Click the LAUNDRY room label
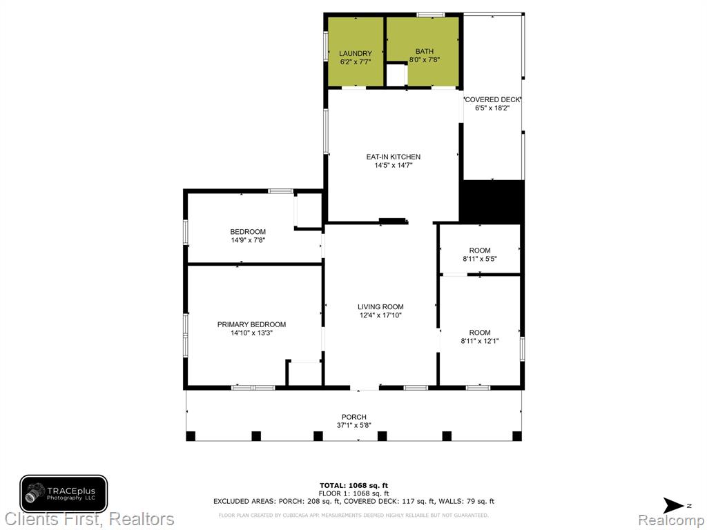click(x=356, y=54)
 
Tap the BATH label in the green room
click(x=425, y=51)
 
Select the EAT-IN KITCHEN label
click(x=393, y=157)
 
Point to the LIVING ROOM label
click(x=380, y=307)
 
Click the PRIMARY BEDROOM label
click(x=251, y=324)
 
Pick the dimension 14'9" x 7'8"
click(x=248, y=240)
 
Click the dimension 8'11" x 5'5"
click(x=480, y=259)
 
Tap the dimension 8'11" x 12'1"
click(x=480, y=341)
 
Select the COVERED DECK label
click(x=492, y=99)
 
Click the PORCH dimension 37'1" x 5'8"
click(x=354, y=425)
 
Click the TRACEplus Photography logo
click(x=64, y=494)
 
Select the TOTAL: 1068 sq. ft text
click(x=354, y=485)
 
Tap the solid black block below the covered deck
click(x=492, y=202)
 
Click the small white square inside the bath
click(x=397, y=75)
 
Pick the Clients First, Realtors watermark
click(x=89, y=519)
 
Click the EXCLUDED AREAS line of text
click(x=354, y=501)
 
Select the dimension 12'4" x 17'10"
click(x=380, y=315)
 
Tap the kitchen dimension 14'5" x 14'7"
click(x=393, y=166)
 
